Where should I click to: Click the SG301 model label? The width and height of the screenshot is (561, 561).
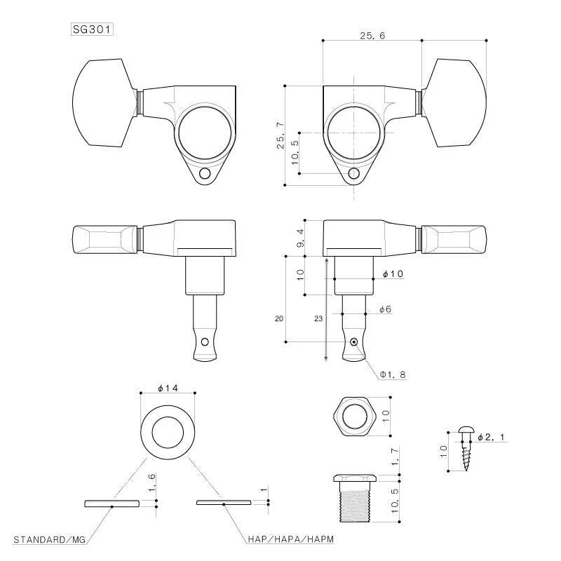click(x=92, y=29)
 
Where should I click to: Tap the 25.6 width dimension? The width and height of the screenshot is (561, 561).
click(x=372, y=36)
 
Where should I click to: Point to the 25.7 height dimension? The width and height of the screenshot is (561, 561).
click(x=280, y=135)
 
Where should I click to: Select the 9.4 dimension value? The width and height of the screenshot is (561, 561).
click(x=301, y=238)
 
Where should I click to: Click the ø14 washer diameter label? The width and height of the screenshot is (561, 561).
click(x=168, y=388)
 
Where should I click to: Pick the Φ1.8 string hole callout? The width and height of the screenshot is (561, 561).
click(x=393, y=374)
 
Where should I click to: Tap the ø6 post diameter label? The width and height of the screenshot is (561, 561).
click(x=385, y=309)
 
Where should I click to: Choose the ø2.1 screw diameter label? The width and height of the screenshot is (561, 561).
click(x=492, y=437)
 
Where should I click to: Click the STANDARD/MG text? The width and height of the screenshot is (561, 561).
click(x=49, y=539)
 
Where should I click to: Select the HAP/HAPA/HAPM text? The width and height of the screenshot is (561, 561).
click(x=291, y=539)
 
